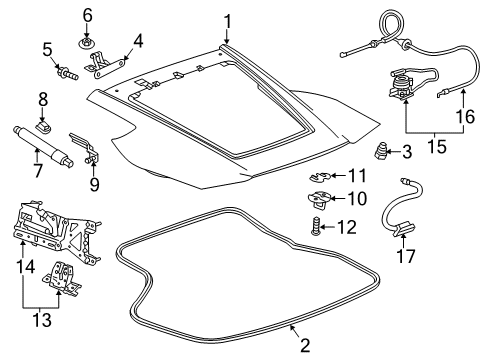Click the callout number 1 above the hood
[227, 20]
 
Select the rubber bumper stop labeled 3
[381, 153]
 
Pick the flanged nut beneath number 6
[87, 43]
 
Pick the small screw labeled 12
[316, 227]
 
